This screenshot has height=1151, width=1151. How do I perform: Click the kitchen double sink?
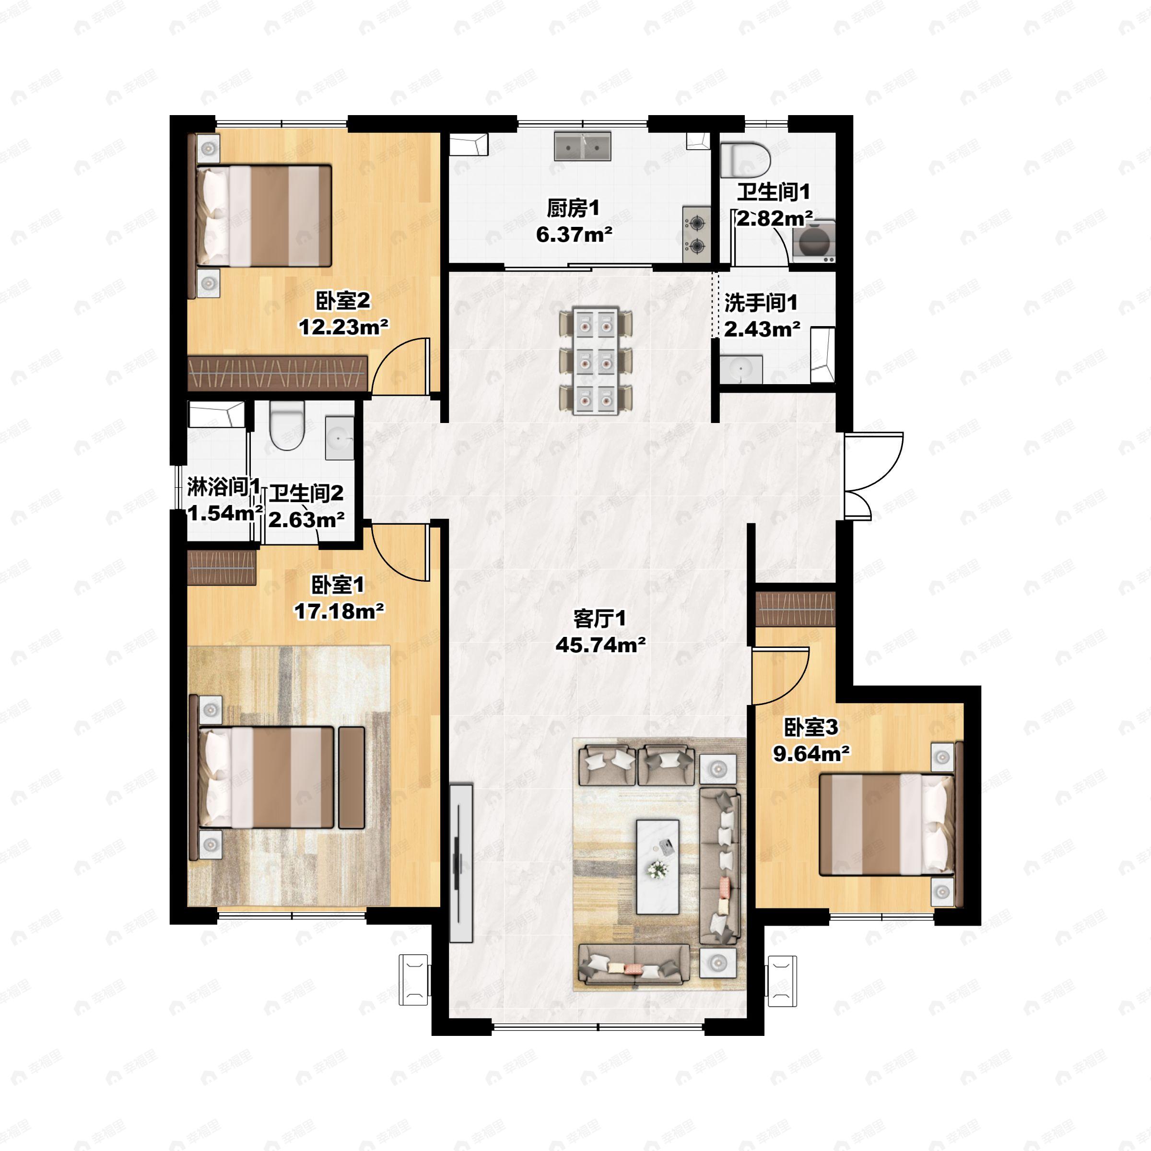583,147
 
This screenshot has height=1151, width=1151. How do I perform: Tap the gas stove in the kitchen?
696,234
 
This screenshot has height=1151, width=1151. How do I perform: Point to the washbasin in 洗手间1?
740,370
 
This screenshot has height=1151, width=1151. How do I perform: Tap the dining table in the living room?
596,361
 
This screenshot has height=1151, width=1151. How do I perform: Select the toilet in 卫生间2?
287,425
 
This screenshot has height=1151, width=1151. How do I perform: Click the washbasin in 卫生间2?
340,438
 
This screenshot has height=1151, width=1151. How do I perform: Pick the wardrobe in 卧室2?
278,374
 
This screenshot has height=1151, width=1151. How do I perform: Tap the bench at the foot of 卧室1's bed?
352,777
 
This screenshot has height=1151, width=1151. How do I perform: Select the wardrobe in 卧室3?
795,609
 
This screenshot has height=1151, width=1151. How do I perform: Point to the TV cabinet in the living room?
461,864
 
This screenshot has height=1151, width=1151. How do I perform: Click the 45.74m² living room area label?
600,645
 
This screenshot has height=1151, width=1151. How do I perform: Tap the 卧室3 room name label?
811,728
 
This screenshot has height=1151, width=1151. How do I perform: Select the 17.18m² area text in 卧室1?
339,611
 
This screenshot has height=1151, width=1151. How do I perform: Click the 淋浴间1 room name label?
224,487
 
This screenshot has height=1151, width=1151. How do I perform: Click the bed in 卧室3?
887,824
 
